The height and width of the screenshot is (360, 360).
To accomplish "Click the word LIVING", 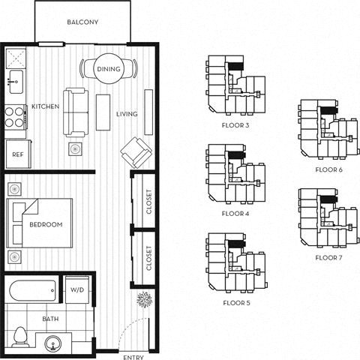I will pyautogui.click(x=126, y=114).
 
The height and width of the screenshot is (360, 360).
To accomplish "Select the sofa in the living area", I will pyautogui.click(x=76, y=111).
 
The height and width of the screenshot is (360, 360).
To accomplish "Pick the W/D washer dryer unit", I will pyautogui.click(x=77, y=289).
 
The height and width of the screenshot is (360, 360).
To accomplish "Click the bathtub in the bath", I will pyautogui.click(x=34, y=289).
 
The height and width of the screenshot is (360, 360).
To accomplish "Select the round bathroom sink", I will pyautogui.click(x=52, y=343).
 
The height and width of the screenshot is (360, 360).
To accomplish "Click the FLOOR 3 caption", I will pyautogui.click(x=236, y=125).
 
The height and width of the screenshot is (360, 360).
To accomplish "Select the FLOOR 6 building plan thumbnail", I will pyautogui.click(x=325, y=130).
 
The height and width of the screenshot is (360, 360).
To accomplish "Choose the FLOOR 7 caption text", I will pyautogui.click(x=328, y=257).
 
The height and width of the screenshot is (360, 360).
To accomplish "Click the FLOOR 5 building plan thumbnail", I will pyautogui.click(x=235, y=262).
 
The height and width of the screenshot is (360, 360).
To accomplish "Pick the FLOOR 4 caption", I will pyautogui.click(x=236, y=214).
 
